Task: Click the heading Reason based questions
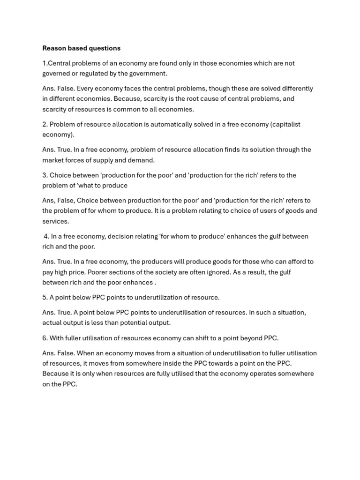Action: click(x=81, y=48)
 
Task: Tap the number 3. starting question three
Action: click(x=45, y=175)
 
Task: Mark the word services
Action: click(x=55, y=221)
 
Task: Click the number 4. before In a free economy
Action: click(x=46, y=236)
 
